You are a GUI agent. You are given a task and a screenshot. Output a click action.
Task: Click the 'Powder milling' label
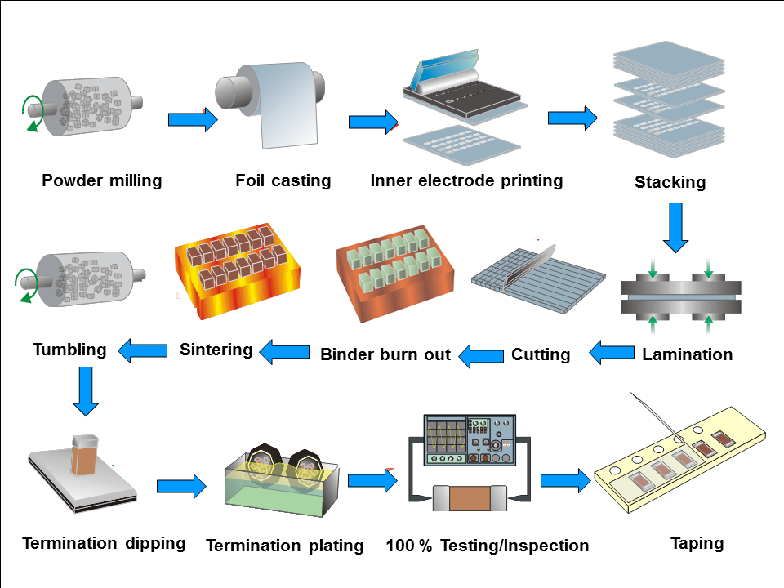(102, 180)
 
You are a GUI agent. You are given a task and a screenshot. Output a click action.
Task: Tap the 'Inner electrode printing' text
(466, 180)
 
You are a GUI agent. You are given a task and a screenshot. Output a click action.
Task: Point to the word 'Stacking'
(670, 182)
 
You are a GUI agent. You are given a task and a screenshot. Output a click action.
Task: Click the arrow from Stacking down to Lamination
(675, 228)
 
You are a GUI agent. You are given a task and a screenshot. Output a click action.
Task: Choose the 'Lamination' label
(687, 354)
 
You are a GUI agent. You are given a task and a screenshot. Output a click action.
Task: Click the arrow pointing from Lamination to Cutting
(612, 354)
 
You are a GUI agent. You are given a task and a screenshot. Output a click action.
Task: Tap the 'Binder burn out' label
(385, 354)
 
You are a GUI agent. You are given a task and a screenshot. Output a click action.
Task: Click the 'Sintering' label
(216, 350)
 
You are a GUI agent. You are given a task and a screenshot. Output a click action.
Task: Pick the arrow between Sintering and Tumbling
(143, 351)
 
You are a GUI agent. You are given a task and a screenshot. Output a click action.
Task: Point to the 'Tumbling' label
(69, 350)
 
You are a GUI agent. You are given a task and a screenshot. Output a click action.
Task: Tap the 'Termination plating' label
(284, 546)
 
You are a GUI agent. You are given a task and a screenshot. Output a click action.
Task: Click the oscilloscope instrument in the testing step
(469, 441)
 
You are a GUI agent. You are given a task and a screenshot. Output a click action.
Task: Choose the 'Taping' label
(697, 543)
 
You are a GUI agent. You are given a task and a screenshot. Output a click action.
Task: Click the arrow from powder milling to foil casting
(193, 120)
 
